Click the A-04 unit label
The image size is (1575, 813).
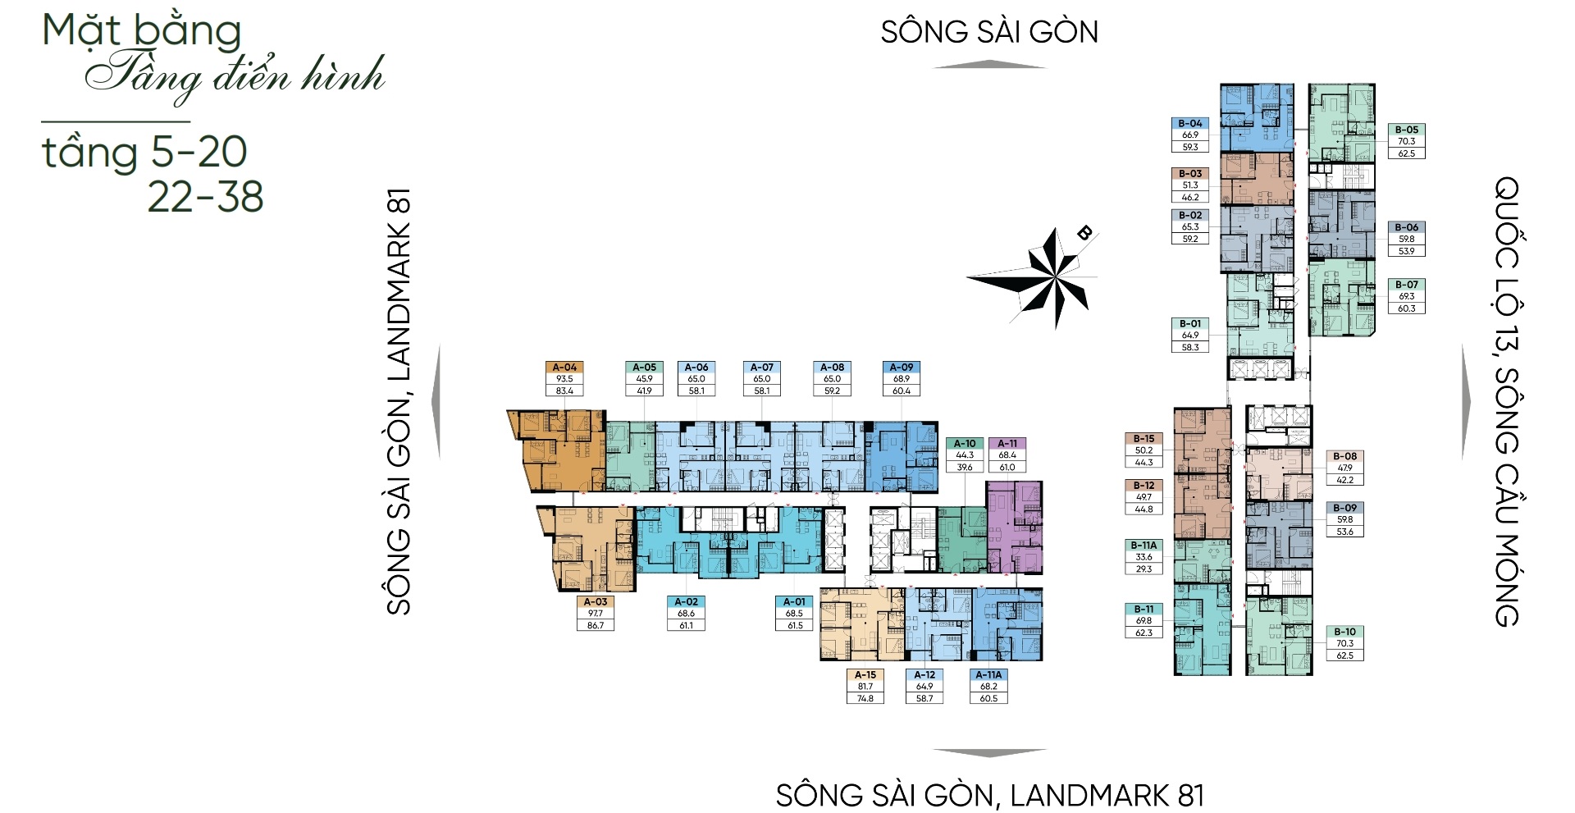point(564,368)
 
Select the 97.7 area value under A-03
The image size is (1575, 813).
point(596,614)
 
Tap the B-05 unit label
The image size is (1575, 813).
point(1407,130)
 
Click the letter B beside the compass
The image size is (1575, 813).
point(1084,233)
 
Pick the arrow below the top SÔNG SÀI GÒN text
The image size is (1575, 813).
point(989,65)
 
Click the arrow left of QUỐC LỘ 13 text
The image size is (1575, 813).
point(1466,402)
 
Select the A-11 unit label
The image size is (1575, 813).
point(1007,444)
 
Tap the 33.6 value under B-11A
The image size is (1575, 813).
point(1144,557)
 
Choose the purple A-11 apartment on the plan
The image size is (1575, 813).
point(1015,527)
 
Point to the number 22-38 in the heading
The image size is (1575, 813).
point(205,196)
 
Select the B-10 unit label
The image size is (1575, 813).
point(1344,632)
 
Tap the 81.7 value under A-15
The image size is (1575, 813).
point(865,687)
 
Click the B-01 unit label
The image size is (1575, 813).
point(1190,324)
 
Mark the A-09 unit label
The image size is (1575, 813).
point(902,368)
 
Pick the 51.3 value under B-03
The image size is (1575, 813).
point(1190,185)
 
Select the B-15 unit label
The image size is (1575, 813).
point(1144,439)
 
